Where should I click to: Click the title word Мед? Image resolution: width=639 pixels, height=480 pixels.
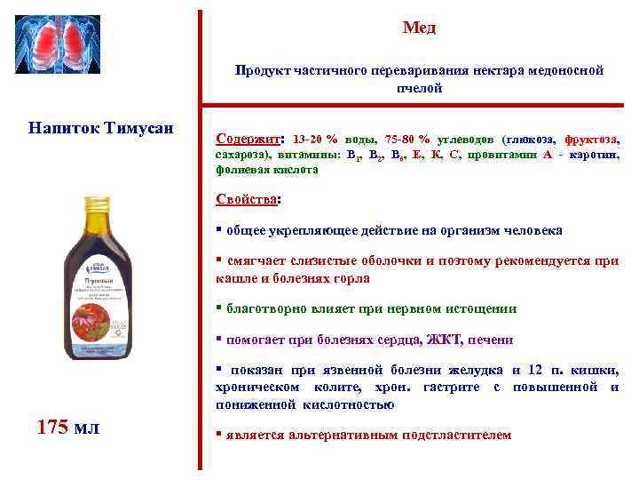pos(419,28)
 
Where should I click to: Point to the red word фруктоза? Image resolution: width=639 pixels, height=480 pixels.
pos(592,140)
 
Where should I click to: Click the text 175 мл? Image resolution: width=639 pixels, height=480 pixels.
pos(68,428)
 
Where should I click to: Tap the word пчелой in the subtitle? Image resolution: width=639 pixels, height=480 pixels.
pos(419,89)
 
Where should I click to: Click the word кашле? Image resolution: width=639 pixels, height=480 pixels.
pos(235,278)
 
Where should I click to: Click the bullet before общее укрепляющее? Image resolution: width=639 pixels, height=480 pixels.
pos(219,230)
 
